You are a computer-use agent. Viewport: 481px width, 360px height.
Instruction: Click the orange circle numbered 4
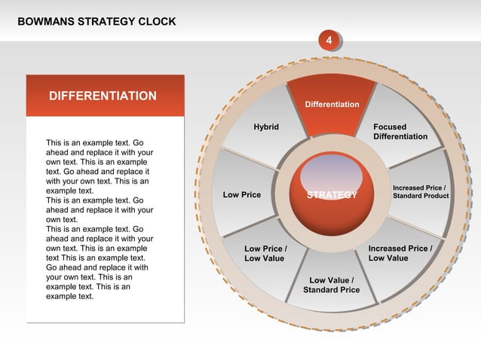point(328,39)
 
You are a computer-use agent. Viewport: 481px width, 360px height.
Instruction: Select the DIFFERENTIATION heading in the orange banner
point(103,96)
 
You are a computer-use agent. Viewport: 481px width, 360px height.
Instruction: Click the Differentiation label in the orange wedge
point(332,104)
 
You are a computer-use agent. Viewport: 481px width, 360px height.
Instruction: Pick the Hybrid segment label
point(266,127)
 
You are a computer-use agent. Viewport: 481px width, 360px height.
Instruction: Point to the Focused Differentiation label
point(400,132)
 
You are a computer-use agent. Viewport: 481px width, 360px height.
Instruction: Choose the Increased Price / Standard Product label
point(420,191)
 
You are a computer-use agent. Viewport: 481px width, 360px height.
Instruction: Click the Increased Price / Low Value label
point(400,253)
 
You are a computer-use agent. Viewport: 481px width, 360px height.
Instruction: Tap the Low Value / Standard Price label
point(331,285)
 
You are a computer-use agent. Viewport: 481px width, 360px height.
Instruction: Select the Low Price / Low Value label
point(265,254)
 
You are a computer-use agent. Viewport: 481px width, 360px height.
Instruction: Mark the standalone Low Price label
point(242,195)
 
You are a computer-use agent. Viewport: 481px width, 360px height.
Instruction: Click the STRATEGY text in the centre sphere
point(332,196)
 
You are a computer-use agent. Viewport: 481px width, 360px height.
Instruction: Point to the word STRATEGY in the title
point(103,21)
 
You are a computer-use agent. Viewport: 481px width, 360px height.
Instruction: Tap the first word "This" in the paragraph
point(54,142)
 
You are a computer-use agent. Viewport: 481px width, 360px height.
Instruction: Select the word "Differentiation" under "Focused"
point(400,137)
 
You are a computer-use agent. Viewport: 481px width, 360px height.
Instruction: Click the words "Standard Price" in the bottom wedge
point(331,290)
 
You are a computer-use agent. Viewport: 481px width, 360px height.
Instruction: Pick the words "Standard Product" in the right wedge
point(420,196)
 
